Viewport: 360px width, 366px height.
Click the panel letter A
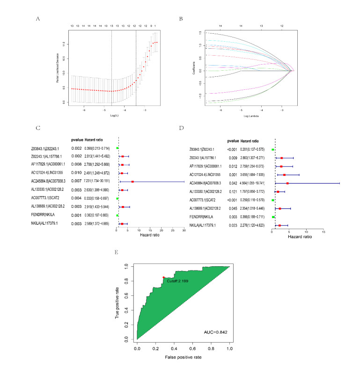(37, 19)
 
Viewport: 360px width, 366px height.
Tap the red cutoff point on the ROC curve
(163, 278)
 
